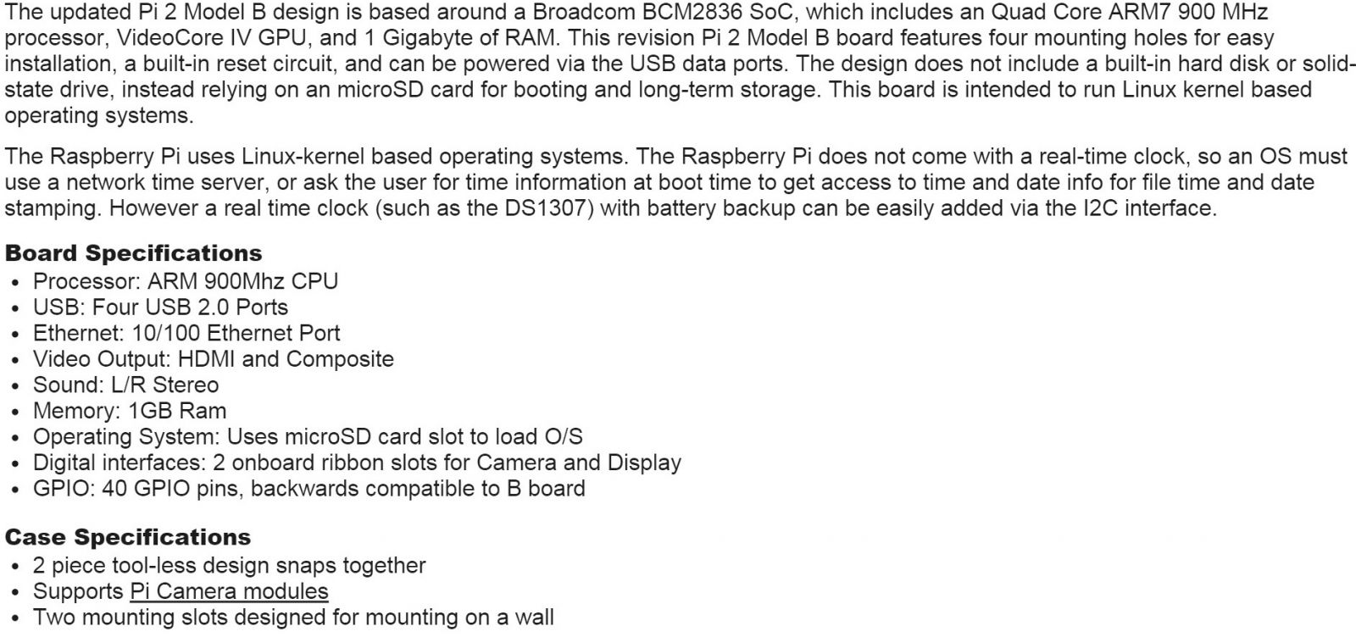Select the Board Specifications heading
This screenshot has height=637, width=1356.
[x=134, y=253]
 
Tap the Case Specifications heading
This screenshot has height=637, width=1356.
[x=128, y=537]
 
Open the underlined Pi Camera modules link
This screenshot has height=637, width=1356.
[x=229, y=591]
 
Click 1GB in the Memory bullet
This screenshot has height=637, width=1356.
[x=149, y=411]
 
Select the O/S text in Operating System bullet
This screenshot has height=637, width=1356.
[x=562, y=437]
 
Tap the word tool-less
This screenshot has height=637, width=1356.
[x=143, y=566]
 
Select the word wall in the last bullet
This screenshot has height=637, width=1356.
[x=534, y=618]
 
